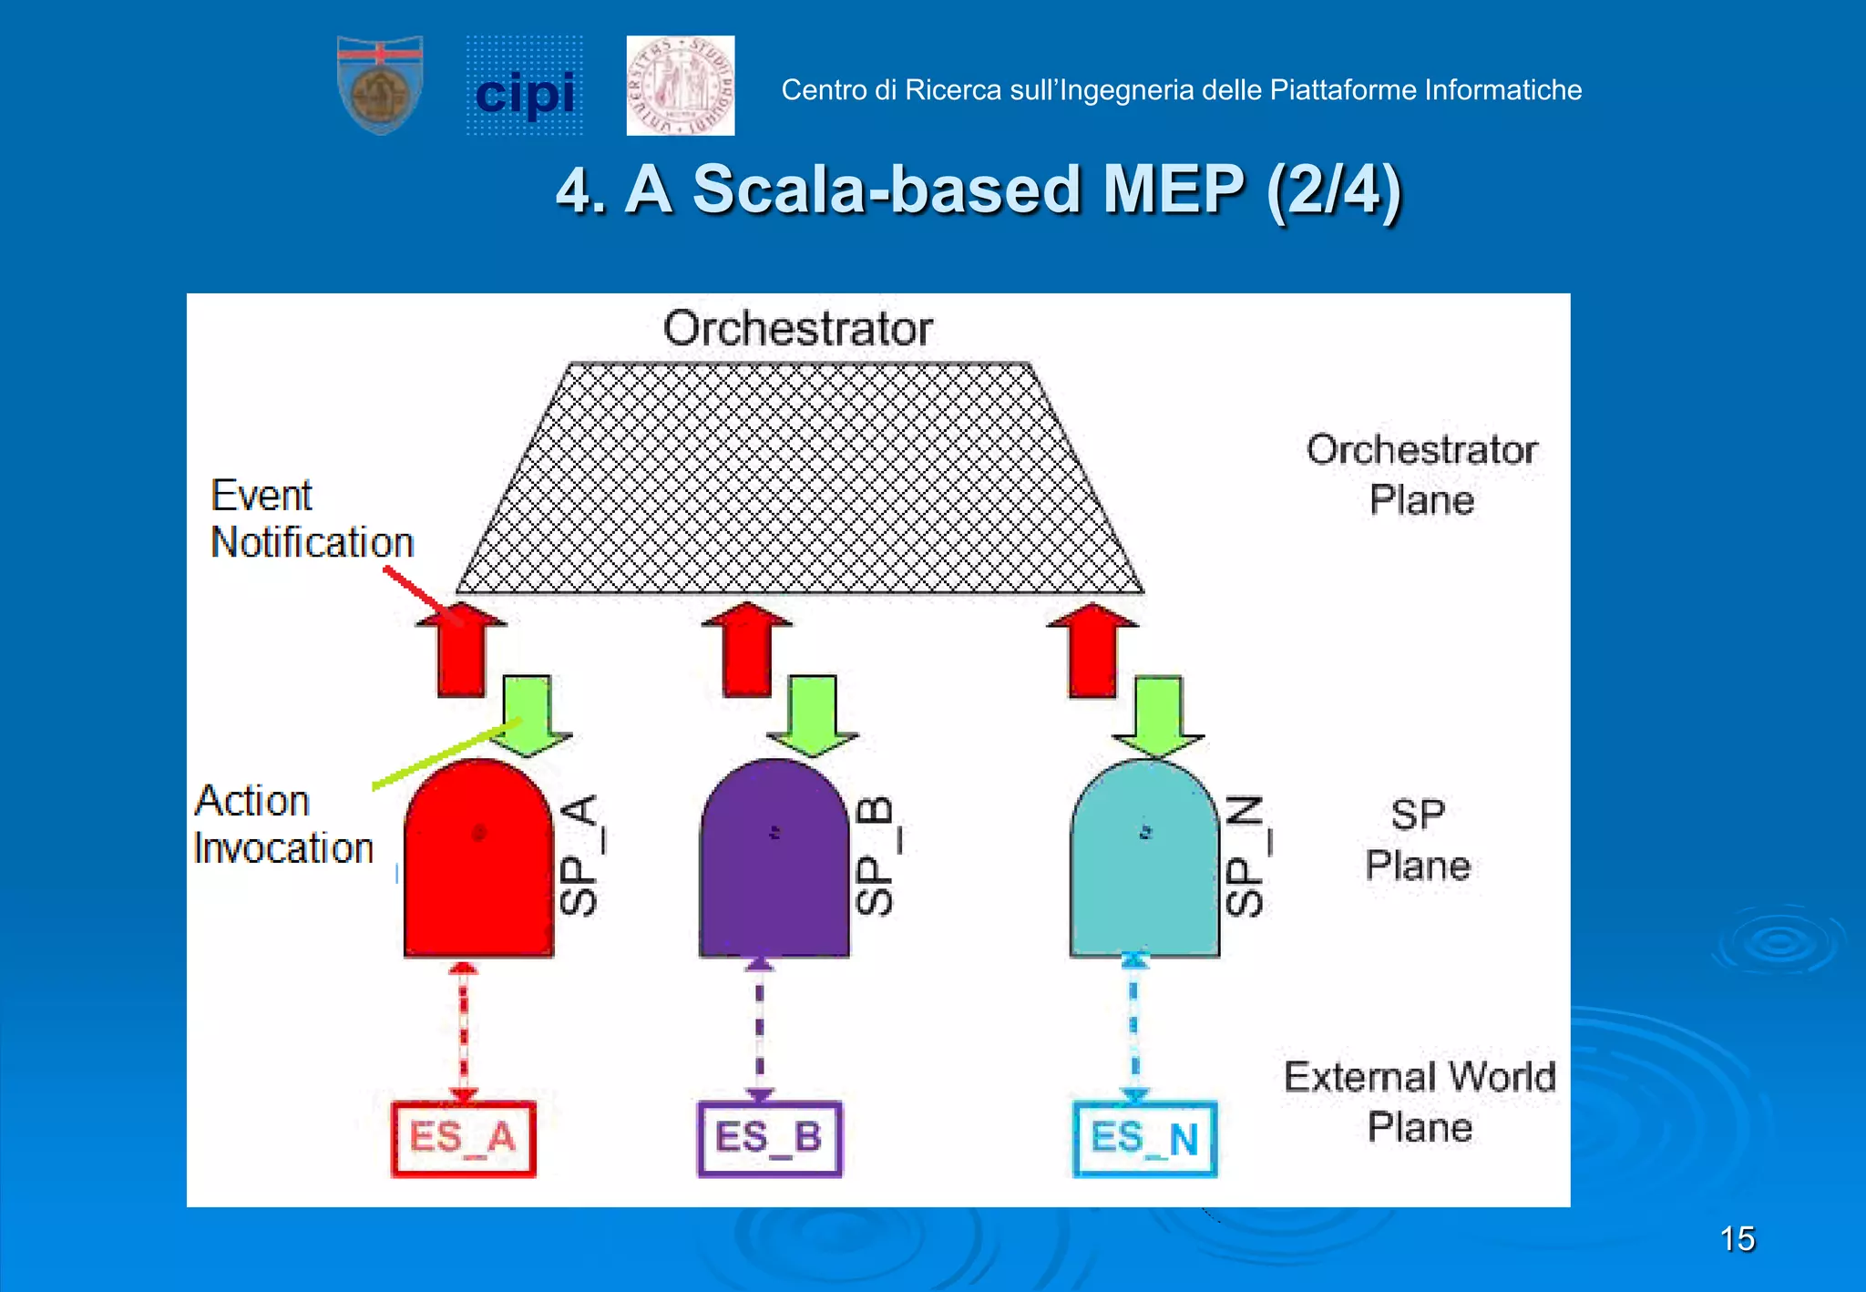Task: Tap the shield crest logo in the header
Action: click(380, 85)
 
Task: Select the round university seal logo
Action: click(681, 86)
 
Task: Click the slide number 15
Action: click(1737, 1239)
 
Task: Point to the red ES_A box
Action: click(464, 1139)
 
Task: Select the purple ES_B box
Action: click(770, 1139)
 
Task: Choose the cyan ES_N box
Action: click(1144, 1140)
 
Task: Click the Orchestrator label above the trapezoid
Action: click(797, 328)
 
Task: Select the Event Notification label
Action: click(312, 519)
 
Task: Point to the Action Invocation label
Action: click(283, 825)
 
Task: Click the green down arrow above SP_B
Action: click(812, 715)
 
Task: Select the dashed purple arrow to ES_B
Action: click(760, 1030)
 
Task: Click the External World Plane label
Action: click(1420, 1102)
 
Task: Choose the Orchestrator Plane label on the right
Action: click(1421, 475)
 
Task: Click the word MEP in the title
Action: click(1173, 190)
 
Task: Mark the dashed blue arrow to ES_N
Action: click(1134, 1030)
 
